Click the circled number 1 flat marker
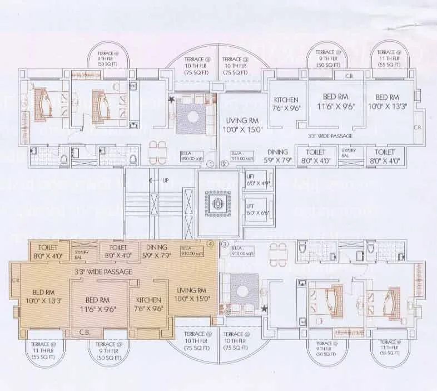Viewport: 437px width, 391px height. tap(210, 164)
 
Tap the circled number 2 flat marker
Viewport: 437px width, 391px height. tap(224, 164)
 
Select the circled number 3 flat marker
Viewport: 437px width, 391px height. tap(224, 244)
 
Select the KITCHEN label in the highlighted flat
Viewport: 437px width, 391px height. tap(148, 303)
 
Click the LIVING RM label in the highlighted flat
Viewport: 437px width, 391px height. tap(191, 294)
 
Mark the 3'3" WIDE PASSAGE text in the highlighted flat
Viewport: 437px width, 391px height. tap(105, 272)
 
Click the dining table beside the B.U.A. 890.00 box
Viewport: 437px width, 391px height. tap(157, 151)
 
